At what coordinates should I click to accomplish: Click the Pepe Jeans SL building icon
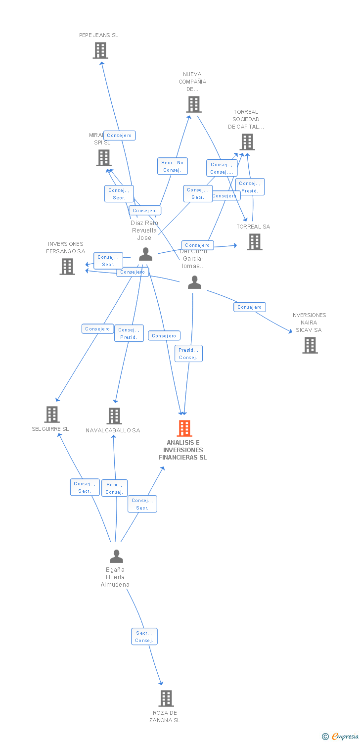tap(100, 50)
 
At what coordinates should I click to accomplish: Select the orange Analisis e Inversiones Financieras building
tap(184, 428)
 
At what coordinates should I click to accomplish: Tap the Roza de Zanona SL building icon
tap(166, 698)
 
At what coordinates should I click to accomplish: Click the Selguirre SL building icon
tap(52, 414)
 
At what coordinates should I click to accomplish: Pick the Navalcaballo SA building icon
tap(114, 416)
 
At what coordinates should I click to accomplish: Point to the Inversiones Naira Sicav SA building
tap(310, 345)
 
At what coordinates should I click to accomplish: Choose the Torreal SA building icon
tap(255, 242)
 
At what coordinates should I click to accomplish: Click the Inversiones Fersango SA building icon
tap(67, 266)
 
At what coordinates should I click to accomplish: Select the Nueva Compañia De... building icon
tap(194, 104)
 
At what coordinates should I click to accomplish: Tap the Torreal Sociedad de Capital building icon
tap(247, 142)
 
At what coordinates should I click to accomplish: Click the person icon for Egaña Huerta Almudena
tap(116, 556)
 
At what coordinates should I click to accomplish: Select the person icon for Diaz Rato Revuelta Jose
tap(145, 254)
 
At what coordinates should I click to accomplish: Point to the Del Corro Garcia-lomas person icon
tap(195, 282)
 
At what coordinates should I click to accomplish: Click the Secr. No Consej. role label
tap(173, 166)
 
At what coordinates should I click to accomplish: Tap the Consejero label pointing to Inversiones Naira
tap(250, 307)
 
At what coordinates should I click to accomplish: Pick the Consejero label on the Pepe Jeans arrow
tap(119, 136)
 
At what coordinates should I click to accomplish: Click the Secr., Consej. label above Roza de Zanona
tap(144, 637)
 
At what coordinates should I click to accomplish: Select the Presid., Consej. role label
tap(188, 354)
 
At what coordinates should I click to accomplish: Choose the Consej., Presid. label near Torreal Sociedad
tap(250, 187)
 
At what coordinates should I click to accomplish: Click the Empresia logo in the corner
tap(341, 737)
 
